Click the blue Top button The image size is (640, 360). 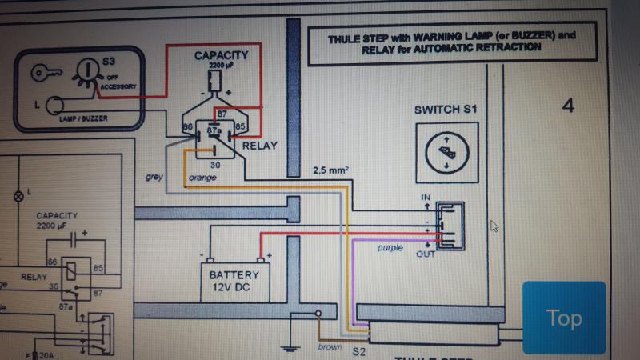(564, 317)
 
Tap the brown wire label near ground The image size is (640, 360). (330, 346)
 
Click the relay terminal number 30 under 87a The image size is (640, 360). (215, 164)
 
